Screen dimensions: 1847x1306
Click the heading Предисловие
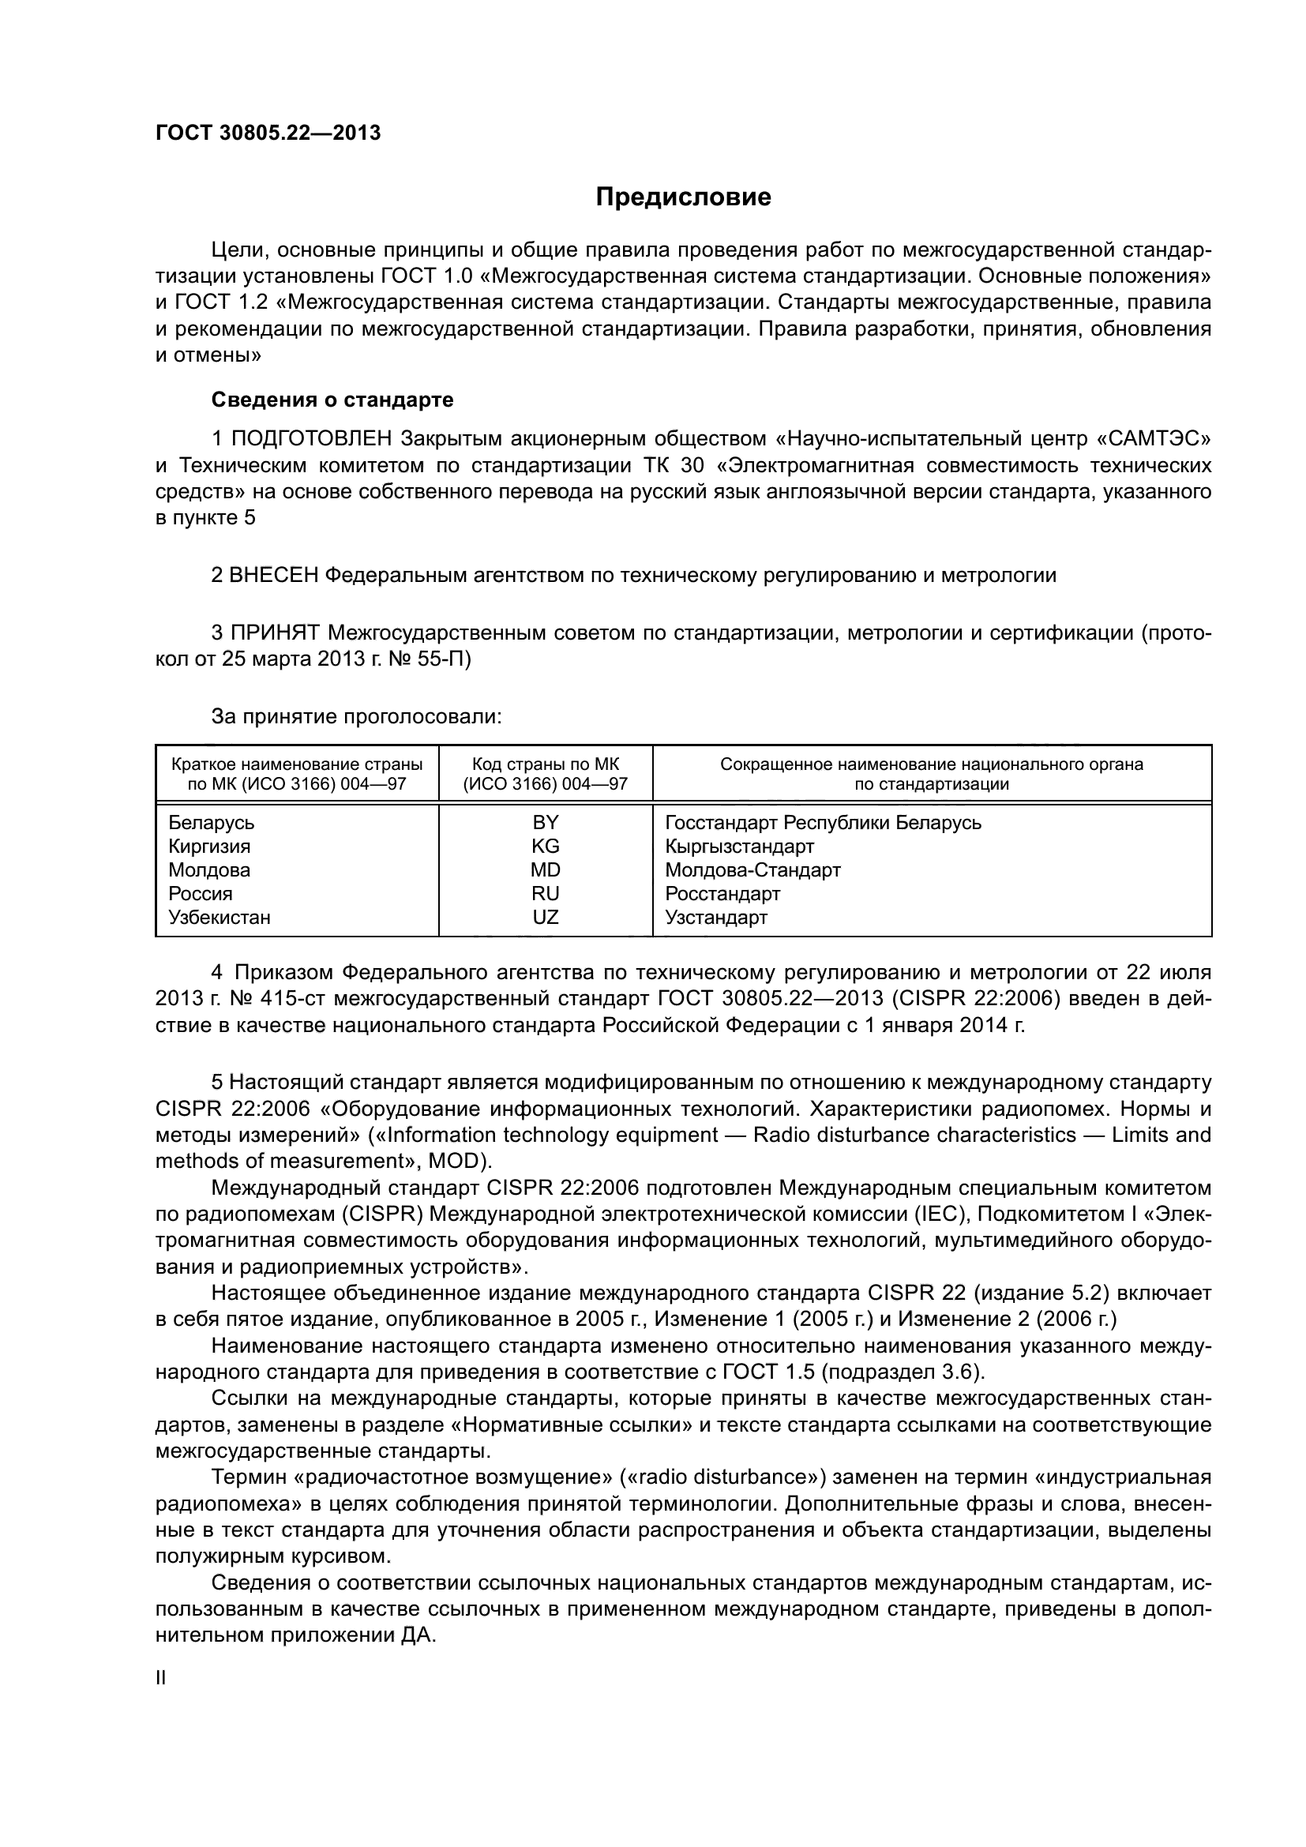(683, 197)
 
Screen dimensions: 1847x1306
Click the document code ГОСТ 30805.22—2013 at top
(267, 133)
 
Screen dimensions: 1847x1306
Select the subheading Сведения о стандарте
(332, 400)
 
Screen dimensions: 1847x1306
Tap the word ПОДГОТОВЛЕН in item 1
(312, 439)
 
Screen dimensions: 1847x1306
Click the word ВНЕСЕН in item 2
(274, 575)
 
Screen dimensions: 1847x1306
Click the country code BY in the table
(546, 823)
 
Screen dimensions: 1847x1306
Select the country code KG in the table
(546, 847)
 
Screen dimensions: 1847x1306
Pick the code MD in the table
(546, 870)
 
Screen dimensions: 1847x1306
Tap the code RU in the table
(546, 894)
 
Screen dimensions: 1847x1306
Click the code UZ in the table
(546, 917)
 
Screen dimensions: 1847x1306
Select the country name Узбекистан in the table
(219, 917)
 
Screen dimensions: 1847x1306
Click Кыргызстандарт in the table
(739, 847)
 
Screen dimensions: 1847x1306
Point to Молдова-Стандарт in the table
(752, 870)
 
